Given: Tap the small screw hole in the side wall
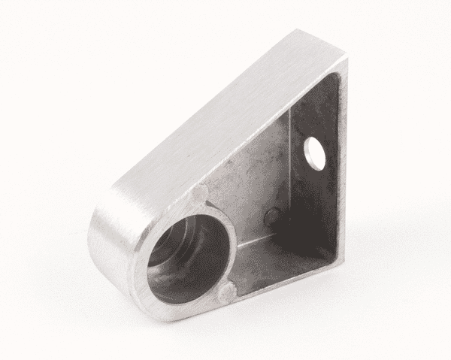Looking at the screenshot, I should point(314,152).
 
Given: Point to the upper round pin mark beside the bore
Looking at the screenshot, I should point(198,195).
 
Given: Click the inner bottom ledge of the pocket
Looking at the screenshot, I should point(278,259).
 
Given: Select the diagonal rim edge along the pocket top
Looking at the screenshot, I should point(263,128).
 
